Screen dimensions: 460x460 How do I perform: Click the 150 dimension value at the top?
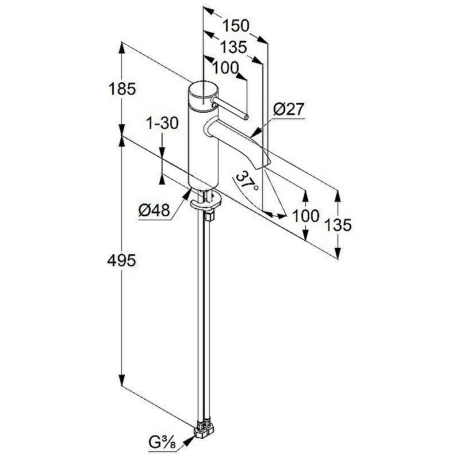tap(235, 26)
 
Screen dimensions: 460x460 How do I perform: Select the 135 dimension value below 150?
tap(233, 47)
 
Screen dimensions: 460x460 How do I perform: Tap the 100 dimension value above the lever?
tap(225, 68)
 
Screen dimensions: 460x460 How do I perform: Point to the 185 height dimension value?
tap(122, 89)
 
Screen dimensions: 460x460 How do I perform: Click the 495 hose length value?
tap(121, 260)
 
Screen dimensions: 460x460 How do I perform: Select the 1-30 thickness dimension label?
tap(162, 122)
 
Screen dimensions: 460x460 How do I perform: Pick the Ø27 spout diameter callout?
tap(289, 109)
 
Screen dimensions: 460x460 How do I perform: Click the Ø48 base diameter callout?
tap(154, 210)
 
